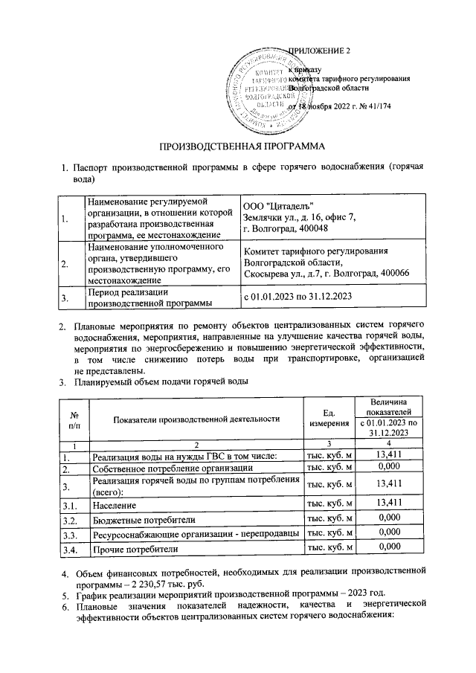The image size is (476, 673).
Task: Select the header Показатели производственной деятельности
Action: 196,419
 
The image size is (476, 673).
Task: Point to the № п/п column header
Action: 74,419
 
